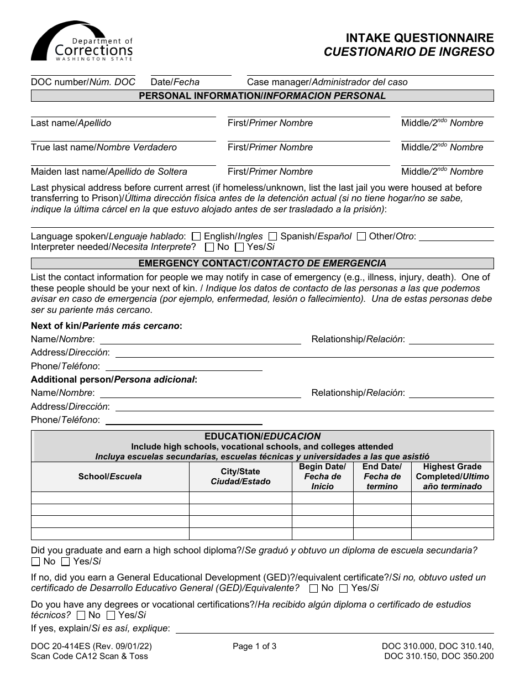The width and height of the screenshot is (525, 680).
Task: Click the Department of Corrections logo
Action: (x=82, y=41)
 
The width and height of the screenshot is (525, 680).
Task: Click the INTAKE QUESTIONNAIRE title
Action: (x=419, y=38)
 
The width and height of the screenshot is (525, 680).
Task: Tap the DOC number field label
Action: (x=83, y=82)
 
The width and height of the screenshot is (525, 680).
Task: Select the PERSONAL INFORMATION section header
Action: (x=262, y=96)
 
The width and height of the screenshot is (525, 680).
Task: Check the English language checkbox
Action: (x=196, y=237)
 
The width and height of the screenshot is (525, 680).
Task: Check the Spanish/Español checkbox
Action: (x=272, y=237)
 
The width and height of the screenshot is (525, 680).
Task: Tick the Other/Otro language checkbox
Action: (x=361, y=237)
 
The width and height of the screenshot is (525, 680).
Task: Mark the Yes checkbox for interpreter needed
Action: (x=239, y=247)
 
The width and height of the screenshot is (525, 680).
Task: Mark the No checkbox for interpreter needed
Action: (x=209, y=247)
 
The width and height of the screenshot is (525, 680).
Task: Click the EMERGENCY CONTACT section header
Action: (x=262, y=264)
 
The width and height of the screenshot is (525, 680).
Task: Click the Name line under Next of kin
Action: (x=200, y=339)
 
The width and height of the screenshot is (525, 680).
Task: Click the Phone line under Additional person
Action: (x=183, y=420)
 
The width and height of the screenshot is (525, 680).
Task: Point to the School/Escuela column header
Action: (x=110, y=477)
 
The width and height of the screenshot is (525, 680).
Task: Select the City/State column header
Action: (x=240, y=477)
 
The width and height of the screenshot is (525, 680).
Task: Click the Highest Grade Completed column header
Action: (x=452, y=477)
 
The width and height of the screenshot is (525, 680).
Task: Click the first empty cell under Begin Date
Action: (x=322, y=498)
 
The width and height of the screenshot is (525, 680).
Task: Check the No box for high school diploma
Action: (x=36, y=562)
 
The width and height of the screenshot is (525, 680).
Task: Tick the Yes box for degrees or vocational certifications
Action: (x=111, y=615)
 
